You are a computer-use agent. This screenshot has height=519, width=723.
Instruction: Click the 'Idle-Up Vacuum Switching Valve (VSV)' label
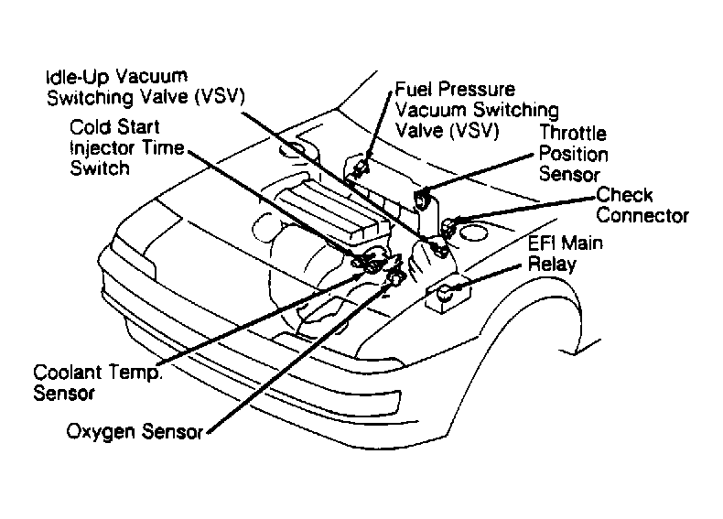tap(146, 87)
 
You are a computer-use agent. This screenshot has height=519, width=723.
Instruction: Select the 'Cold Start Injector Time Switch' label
tap(127, 147)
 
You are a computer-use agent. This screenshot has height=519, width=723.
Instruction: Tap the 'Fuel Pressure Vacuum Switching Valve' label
tap(477, 110)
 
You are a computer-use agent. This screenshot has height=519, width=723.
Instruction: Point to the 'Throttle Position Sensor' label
tap(573, 154)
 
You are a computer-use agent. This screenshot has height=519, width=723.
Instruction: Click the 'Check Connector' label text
tap(642, 205)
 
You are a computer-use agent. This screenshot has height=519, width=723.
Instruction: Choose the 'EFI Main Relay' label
tap(565, 254)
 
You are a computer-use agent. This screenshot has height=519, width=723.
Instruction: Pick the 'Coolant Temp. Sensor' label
tap(98, 383)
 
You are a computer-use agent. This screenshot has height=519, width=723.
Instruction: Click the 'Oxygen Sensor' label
tap(135, 432)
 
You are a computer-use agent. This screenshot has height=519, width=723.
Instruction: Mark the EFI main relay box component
tap(448, 296)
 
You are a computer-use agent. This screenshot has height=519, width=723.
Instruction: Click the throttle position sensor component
tap(424, 200)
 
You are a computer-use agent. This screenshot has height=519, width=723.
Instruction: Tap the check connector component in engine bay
tap(448, 227)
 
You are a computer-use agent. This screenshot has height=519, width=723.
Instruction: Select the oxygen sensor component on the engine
tap(395, 277)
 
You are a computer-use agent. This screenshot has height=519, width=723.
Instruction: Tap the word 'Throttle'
tap(573, 133)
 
